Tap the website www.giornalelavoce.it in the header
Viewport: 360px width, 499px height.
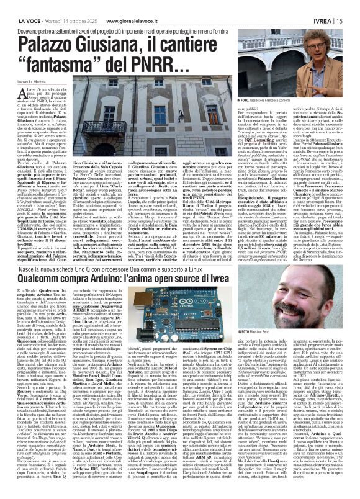point(118,6)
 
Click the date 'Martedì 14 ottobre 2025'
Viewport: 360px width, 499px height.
point(61,6)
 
